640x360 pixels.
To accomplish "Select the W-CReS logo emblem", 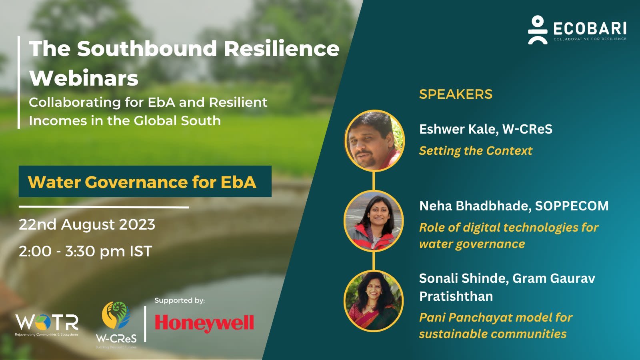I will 116,316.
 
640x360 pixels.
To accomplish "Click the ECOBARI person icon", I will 538,30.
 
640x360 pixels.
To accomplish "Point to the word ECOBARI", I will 590,28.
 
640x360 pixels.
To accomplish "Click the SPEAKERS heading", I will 456,94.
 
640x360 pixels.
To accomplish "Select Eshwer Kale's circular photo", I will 374,141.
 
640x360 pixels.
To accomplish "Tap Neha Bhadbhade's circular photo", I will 374,221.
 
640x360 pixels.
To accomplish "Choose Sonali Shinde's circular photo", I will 374,301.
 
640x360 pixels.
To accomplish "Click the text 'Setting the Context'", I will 476,151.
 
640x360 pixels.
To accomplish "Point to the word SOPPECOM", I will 572,206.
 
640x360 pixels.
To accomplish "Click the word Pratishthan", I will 456,296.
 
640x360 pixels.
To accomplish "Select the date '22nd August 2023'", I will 87,224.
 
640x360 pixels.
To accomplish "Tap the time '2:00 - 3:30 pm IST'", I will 85,251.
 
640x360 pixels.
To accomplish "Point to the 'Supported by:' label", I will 180,300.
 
